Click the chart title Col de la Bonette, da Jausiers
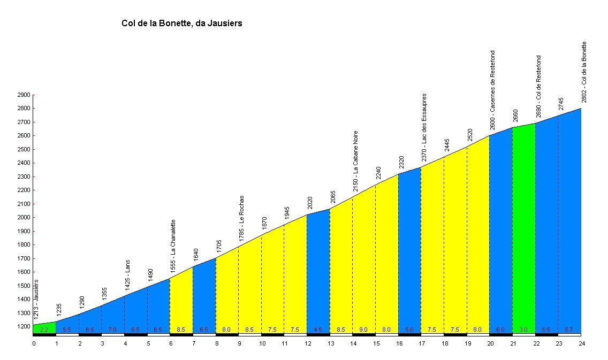pyautogui.click(x=182, y=24)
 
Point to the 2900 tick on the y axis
pyautogui.click(x=23, y=95)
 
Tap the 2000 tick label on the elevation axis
pyautogui.click(x=23, y=218)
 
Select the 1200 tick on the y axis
pyautogui.click(x=23, y=327)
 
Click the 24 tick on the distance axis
pyautogui.click(x=581, y=344)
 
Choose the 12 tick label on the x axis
pyautogui.click(x=307, y=344)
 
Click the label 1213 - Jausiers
pyautogui.click(x=36, y=300)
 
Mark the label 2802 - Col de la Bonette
pyautogui.click(x=584, y=72)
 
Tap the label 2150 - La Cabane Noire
pyautogui.click(x=356, y=161)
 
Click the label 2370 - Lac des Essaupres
pyautogui.click(x=424, y=127)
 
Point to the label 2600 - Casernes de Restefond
pyautogui.click(x=493, y=90)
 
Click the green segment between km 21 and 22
pyautogui.click(x=524, y=230)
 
